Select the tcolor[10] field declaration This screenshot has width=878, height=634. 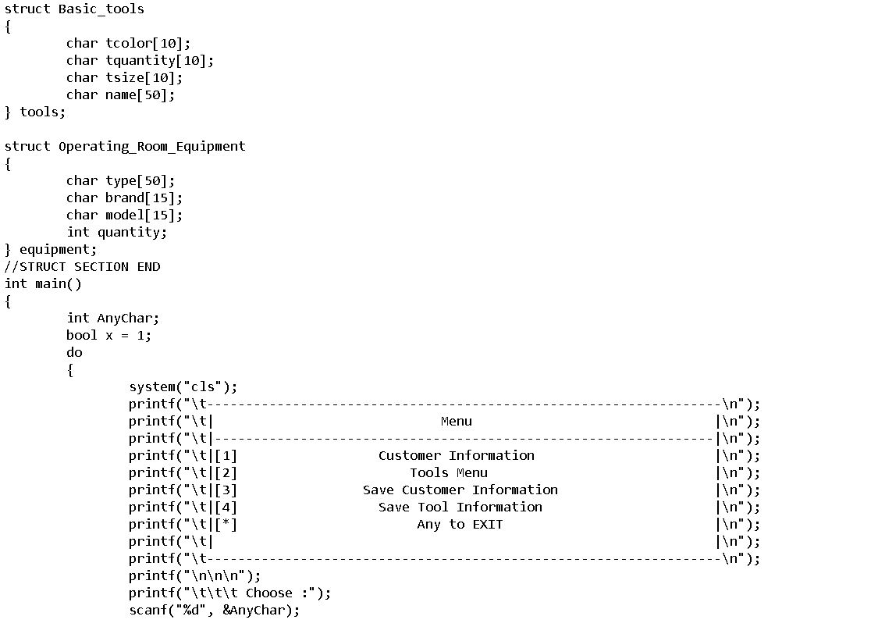(x=148, y=44)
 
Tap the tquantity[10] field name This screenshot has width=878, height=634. (x=159, y=61)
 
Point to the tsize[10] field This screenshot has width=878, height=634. (x=144, y=78)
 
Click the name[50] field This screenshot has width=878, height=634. (x=140, y=95)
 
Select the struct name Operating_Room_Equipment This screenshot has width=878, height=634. (x=151, y=147)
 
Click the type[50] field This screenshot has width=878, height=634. (x=140, y=181)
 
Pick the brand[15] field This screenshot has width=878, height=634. (x=144, y=198)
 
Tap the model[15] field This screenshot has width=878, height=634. (x=144, y=215)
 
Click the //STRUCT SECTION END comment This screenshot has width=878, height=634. (x=82, y=267)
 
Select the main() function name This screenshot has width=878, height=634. (x=58, y=284)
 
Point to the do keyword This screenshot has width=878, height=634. (x=74, y=353)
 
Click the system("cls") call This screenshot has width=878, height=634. (x=183, y=387)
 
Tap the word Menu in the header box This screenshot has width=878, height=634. (x=457, y=422)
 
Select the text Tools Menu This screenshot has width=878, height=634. (x=449, y=473)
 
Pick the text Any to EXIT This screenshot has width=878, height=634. (x=460, y=525)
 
